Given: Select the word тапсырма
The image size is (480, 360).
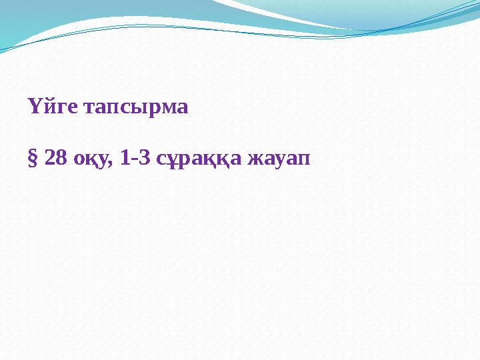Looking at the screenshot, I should pos(135,107).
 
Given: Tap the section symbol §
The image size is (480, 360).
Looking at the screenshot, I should pos(31,159).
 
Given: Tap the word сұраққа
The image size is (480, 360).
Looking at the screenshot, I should pos(198,160).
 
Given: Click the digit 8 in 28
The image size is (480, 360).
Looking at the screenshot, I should pos(60,159).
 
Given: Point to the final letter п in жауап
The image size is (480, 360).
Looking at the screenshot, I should pos(303,161).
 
